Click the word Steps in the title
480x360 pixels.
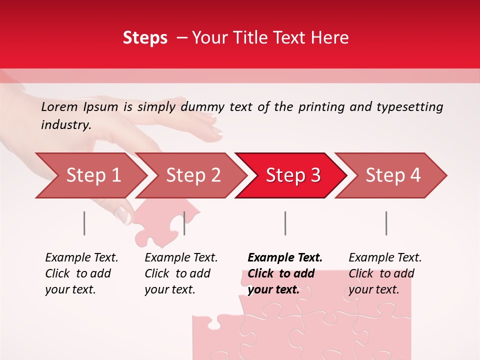pyautogui.click(x=145, y=38)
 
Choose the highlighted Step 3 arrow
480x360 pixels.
pyautogui.click(x=293, y=175)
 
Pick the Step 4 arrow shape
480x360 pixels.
pyautogui.click(x=393, y=175)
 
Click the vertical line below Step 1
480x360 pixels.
pyautogui.click(x=84, y=223)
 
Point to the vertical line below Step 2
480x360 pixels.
pyautogui.click(x=184, y=223)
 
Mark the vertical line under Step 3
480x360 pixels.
pyautogui.click(x=285, y=223)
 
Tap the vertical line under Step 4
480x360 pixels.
pyautogui.click(x=386, y=223)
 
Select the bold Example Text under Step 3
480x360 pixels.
pyautogui.click(x=285, y=273)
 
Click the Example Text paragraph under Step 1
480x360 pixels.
pyautogui.click(x=81, y=273)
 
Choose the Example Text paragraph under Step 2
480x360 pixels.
pyautogui.click(x=181, y=273)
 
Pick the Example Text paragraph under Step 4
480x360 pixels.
pyautogui.click(x=385, y=273)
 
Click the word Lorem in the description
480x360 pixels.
pyautogui.click(x=59, y=107)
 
